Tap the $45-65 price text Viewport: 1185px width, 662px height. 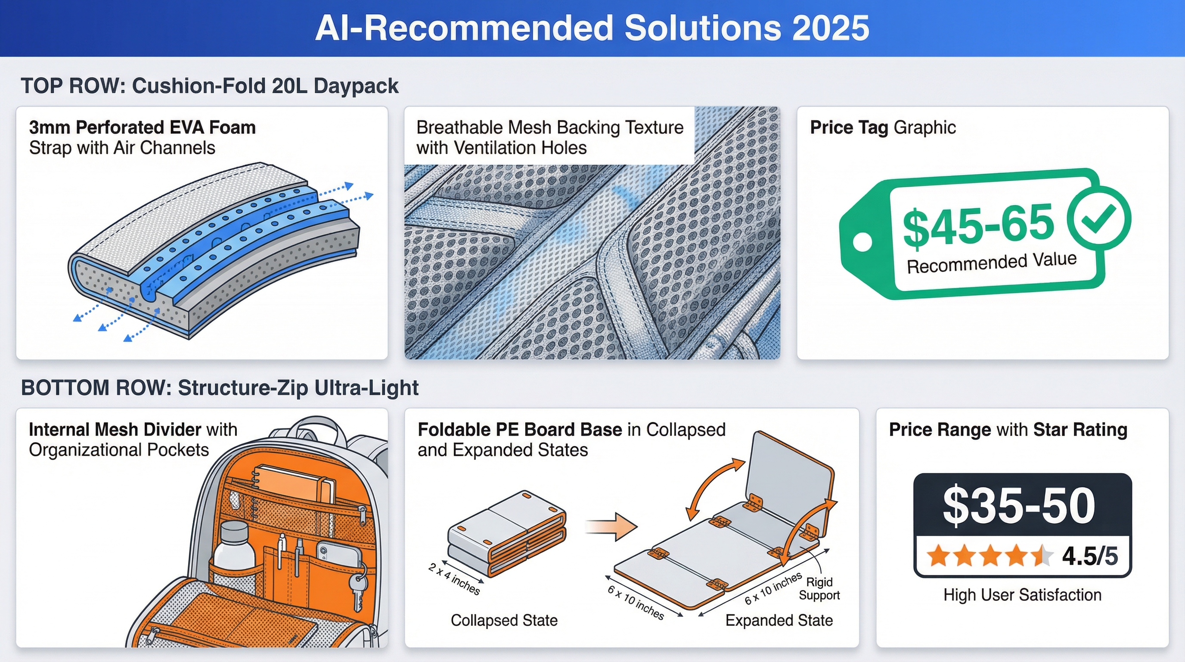978,224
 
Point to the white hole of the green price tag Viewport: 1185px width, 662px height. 862,242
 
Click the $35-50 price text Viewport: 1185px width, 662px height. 1019,506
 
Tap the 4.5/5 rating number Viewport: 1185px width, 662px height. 1090,556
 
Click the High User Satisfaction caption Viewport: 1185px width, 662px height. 1022,595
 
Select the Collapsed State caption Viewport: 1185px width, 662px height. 504,620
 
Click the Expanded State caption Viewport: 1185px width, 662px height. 779,620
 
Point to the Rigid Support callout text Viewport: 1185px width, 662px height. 819,589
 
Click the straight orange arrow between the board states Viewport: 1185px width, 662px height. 611,527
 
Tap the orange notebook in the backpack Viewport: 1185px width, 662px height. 295,488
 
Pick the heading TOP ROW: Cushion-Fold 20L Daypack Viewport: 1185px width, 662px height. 209,86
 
